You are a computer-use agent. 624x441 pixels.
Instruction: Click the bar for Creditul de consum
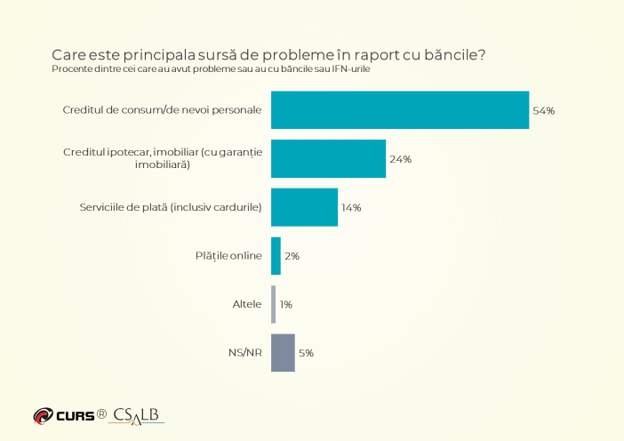[400, 110]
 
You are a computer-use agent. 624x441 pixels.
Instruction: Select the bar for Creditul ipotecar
[328, 158]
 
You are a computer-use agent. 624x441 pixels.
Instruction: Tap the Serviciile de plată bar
[304, 207]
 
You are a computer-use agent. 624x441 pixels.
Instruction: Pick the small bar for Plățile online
[276, 256]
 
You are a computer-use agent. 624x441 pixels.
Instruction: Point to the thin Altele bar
[274, 304]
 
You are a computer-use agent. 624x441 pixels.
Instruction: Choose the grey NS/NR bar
[283, 353]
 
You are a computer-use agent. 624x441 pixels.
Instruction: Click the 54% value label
[544, 110]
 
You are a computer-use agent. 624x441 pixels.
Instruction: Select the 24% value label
[400, 159]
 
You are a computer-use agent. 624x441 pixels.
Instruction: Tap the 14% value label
[351, 208]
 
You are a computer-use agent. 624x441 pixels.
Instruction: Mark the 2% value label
[292, 256]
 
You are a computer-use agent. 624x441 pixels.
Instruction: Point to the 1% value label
[285, 304]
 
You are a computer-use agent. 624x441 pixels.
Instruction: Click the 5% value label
[306, 353]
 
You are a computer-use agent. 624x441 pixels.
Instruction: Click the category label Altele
[247, 304]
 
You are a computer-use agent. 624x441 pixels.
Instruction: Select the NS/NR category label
[245, 353]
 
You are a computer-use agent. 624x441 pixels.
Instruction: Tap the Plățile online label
[228, 255]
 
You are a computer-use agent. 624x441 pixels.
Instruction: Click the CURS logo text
[76, 416]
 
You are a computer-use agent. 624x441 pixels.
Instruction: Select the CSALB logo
[136, 416]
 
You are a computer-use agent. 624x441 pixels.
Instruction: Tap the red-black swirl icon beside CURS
[43, 416]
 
